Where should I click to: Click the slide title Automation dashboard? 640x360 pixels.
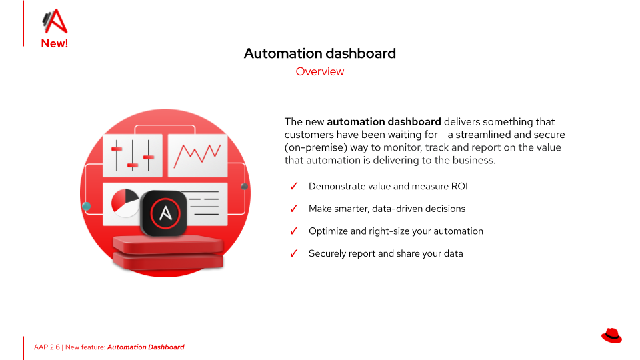[319, 53]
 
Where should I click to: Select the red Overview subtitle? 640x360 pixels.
[319, 71]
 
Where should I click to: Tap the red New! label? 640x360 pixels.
[54, 43]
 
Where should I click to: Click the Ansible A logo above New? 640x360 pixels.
[55, 21]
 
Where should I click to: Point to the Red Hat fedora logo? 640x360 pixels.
[611, 335]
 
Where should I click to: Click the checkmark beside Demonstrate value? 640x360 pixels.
[294, 186]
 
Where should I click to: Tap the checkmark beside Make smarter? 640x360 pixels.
[294, 209]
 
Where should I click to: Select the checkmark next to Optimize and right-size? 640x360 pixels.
[294, 231]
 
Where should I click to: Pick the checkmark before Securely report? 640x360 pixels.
[294, 253]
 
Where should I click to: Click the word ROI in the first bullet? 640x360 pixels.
[459, 186]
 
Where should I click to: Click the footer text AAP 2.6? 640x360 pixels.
[47, 347]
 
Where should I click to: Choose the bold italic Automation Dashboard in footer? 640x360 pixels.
[146, 347]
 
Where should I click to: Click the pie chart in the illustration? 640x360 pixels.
[125, 203]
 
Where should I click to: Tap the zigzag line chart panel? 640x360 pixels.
[197, 155]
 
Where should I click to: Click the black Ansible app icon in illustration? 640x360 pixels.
[164, 213]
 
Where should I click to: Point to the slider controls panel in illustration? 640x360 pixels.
[132, 155]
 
